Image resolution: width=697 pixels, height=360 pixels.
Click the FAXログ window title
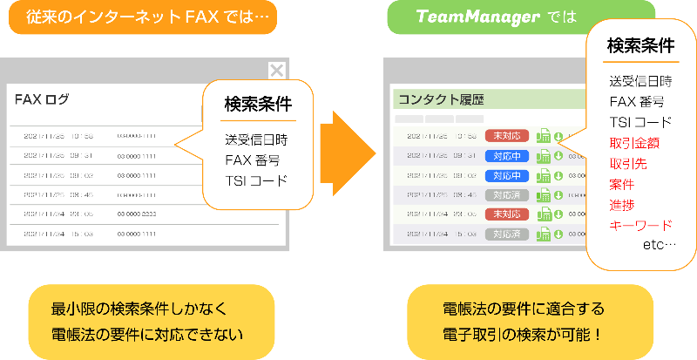click(x=42, y=99)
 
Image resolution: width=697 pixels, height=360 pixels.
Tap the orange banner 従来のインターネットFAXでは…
click(x=143, y=17)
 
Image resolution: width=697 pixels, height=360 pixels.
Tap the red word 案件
click(x=622, y=184)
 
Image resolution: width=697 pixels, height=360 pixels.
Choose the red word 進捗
click(x=622, y=205)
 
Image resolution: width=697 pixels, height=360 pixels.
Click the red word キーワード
click(x=639, y=225)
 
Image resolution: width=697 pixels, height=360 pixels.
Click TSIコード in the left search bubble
click(x=255, y=180)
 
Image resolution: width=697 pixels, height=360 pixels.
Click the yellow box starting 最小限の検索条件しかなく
click(x=145, y=320)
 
